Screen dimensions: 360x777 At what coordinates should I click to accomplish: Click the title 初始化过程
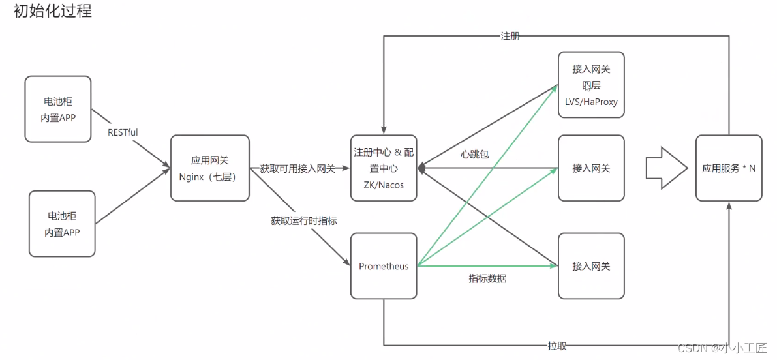(x=52, y=11)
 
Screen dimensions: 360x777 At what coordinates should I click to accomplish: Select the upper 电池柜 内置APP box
(x=58, y=109)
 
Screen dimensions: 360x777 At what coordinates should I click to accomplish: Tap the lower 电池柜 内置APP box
(x=63, y=224)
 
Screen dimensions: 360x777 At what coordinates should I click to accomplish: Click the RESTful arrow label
(x=123, y=132)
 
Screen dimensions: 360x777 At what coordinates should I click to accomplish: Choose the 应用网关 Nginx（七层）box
(x=210, y=168)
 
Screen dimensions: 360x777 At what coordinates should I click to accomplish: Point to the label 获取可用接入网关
(x=297, y=169)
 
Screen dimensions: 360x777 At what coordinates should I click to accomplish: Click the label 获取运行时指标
(x=304, y=221)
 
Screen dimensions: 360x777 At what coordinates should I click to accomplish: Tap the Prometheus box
(x=384, y=266)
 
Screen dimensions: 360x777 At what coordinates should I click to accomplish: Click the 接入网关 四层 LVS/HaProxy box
(x=591, y=85)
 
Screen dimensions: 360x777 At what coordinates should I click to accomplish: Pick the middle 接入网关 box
(x=591, y=168)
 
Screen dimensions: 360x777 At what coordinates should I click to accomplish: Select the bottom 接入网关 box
(x=591, y=266)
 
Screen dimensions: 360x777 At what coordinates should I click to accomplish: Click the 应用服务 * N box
(x=729, y=168)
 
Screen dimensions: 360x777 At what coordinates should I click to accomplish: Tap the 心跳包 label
(x=474, y=155)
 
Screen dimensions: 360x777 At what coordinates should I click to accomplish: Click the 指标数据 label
(x=487, y=278)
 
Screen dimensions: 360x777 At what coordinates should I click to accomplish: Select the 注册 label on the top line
(x=510, y=37)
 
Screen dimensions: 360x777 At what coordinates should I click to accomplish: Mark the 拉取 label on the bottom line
(x=556, y=346)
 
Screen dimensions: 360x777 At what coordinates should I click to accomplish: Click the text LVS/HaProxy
(x=591, y=102)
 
